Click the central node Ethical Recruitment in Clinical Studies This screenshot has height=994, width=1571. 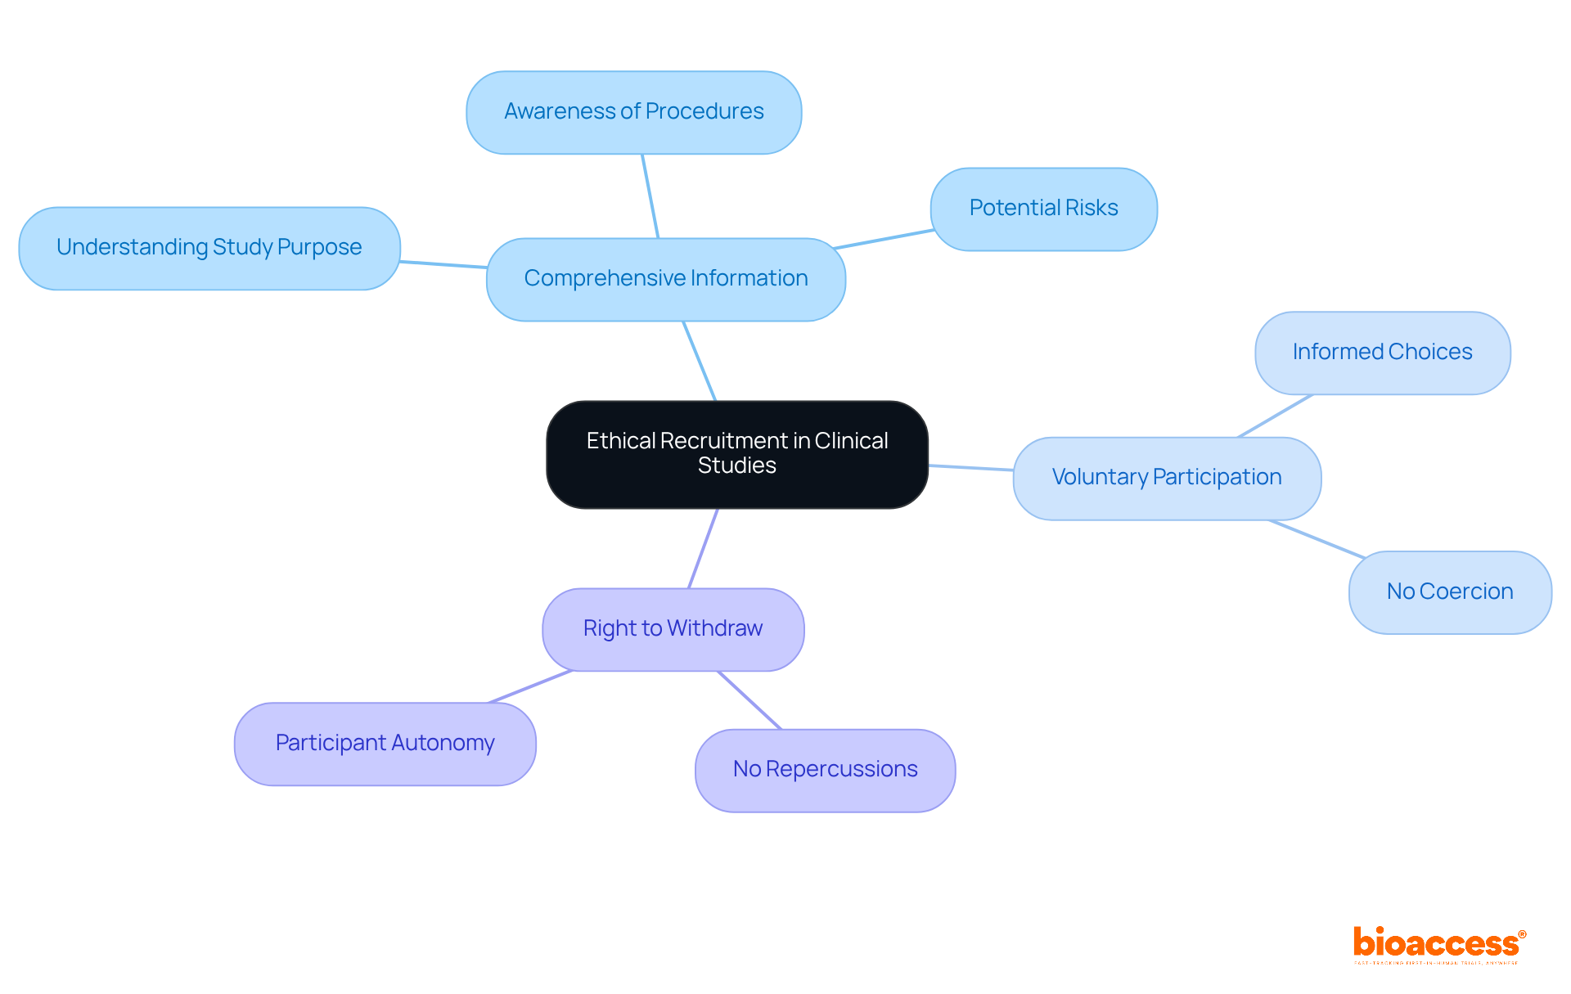736,454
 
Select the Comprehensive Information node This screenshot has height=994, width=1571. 665,279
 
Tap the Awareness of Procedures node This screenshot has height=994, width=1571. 633,112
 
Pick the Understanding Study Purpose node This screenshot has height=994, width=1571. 209,248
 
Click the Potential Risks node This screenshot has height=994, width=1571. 1043,209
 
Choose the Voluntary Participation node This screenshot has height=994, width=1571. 1166,478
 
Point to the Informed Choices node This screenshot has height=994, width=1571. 1382,353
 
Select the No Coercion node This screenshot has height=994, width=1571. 1449,591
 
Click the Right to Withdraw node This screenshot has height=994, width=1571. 673,629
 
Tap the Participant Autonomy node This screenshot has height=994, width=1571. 385,744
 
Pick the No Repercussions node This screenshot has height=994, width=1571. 825,770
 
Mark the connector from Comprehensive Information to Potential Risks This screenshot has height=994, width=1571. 884,239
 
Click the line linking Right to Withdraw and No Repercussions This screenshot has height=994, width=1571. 749,700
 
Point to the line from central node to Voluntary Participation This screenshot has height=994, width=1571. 970,467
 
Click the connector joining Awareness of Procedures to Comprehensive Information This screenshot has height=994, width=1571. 650,196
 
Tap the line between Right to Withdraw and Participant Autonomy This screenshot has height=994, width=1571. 530,686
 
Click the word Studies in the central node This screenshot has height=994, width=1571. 736,466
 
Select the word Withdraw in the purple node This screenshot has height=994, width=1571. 714,628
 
